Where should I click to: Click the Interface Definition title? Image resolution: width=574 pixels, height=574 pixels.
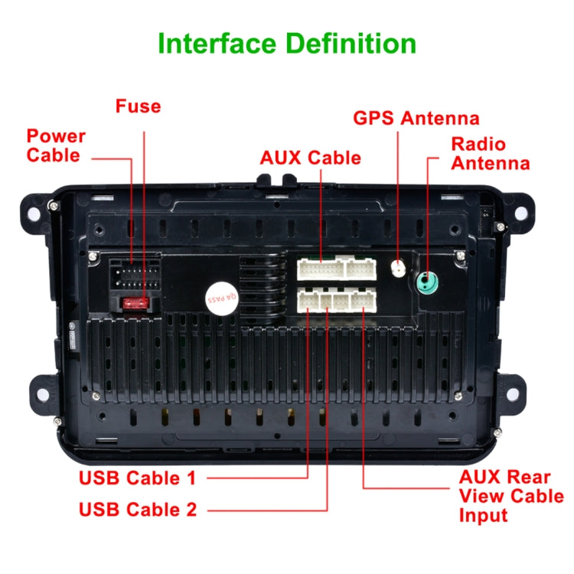[x=287, y=43]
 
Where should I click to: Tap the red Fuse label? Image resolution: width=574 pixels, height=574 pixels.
[x=139, y=106]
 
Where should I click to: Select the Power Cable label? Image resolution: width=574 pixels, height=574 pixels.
[x=56, y=145]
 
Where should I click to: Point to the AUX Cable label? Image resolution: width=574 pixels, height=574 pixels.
[x=310, y=158]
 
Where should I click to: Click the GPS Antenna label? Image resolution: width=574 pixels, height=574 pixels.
[x=416, y=118]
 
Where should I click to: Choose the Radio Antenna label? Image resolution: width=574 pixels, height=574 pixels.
[x=490, y=153]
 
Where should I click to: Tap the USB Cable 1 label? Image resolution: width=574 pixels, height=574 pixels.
[x=138, y=478]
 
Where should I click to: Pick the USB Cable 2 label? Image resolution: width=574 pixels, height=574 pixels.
[x=138, y=509]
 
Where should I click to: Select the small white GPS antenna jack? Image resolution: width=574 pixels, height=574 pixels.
[x=398, y=269]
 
